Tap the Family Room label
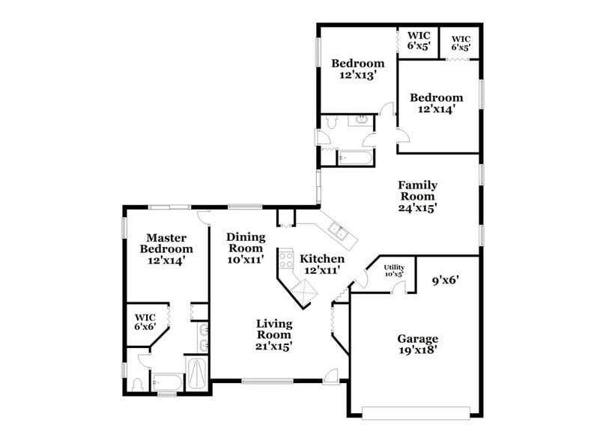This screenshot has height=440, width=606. click(417, 196)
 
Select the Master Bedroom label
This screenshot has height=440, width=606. click(166, 248)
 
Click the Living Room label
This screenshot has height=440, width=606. click(273, 334)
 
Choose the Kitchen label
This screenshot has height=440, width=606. click(323, 263)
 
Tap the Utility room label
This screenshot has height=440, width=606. click(393, 270)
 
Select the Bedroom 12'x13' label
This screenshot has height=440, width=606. click(357, 69)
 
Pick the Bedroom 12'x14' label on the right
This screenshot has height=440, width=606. click(436, 103)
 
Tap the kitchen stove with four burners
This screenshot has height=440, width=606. click(286, 260)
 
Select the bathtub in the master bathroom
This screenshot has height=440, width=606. click(167, 382)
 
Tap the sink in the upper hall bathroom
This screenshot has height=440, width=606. click(360, 120)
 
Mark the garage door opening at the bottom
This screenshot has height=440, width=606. click(416, 410)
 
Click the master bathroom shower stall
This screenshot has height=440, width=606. click(196, 372)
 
